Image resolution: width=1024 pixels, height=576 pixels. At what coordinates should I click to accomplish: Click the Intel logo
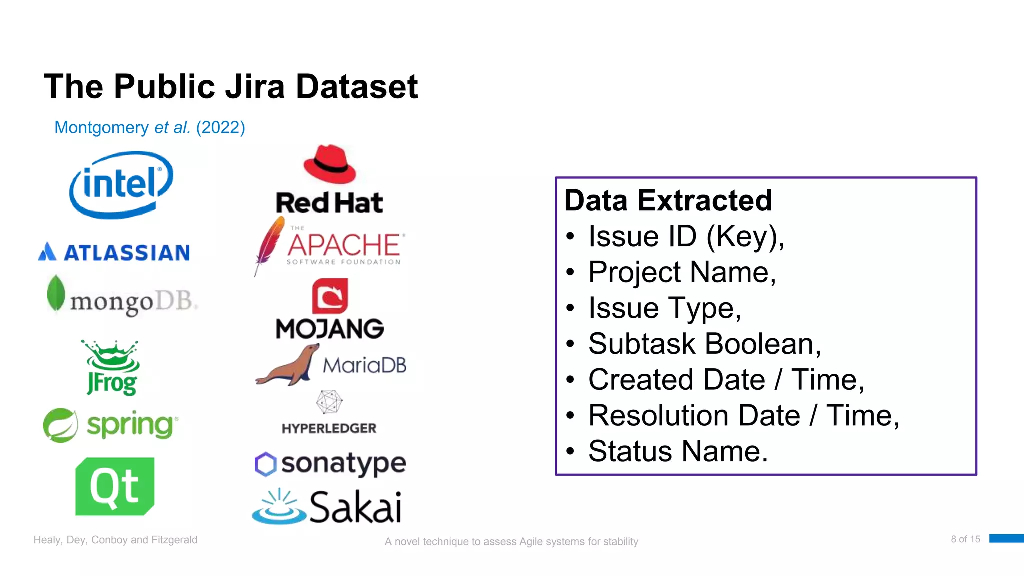point(121,184)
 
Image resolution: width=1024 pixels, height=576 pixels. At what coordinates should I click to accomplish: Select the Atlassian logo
point(114,252)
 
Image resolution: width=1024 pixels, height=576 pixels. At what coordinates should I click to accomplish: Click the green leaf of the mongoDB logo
point(56,293)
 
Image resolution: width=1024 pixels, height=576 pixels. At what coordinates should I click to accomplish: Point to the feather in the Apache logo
point(269,244)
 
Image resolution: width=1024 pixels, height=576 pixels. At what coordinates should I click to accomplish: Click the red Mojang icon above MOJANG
point(330,296)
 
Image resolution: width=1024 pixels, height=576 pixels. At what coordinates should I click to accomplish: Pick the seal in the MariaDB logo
point(289,367)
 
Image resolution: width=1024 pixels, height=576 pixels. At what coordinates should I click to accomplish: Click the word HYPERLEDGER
point(329,428)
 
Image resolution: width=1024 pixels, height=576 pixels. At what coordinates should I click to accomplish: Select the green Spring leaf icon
point(60,425)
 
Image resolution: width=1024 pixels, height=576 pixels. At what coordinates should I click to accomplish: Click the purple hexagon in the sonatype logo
point(265,464)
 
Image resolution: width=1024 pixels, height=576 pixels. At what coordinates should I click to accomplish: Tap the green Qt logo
point(115,486)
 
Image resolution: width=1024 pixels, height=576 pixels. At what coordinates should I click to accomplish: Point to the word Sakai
point(355,507)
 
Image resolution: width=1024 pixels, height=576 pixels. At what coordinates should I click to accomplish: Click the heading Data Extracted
point(668,200)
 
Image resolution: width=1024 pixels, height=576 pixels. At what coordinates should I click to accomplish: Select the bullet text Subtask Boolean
point(704,344)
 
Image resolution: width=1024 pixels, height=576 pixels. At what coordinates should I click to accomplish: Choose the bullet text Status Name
point(677,451)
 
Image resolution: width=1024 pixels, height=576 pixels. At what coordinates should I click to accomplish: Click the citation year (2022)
point(220,127)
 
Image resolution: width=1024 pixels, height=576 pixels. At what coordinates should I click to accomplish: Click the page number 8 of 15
point(965,539)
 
